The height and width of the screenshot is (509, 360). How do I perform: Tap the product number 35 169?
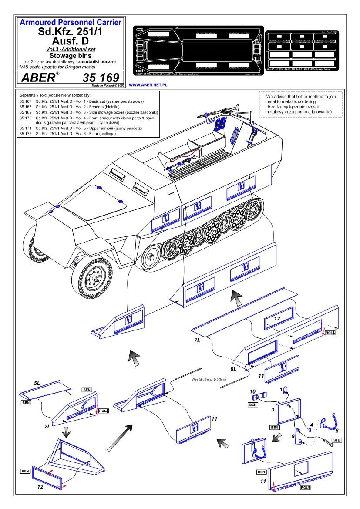click(x=100, y=78)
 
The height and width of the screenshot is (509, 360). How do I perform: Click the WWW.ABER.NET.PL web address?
click(x=149, y=86)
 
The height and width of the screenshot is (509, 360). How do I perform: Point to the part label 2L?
click(x=47, y=427)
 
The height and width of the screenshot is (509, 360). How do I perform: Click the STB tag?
click(x=336, y=440)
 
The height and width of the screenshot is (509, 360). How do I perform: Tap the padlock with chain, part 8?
click(x=326, y=421)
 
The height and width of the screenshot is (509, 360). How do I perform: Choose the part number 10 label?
click(x=252, y=391)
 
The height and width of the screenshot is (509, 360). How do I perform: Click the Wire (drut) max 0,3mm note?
click(x=209, y=380)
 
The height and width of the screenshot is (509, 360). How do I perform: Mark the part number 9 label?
click(x=293, y=436)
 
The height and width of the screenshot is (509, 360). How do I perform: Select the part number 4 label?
click(x=311, y=425)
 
